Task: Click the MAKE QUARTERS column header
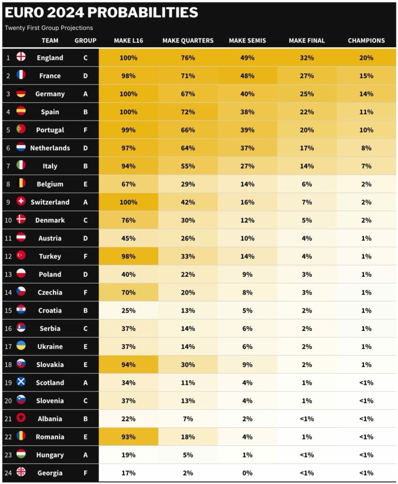click(188, 41)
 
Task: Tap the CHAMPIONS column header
click(366, 41)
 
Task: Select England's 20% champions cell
click(366, 58)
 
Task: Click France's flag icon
click(21, 75)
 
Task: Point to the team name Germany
click(50, 94)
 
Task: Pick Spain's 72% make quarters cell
click(188, 112)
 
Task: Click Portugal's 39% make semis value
click(247, 130)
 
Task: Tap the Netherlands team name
click(50, 148)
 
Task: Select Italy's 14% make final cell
click(307, 166)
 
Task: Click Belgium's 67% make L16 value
click(128, 184)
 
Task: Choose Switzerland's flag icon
click(21, 202)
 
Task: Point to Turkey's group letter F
click(85, 256)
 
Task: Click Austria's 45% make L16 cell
click(128, 238)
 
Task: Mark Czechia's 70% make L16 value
click(128, 292)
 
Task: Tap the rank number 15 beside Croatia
click(8, 310)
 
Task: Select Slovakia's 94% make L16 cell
click(128, 364)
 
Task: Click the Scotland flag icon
click(21, 382)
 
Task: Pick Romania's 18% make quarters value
click(188, 437)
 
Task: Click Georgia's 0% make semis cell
click(247, 473)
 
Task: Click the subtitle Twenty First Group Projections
click(49, 28)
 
